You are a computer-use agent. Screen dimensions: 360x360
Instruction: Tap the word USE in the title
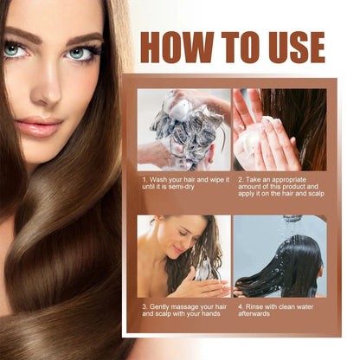click(292, 47)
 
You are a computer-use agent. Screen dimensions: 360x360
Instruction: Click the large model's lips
click(39, 126)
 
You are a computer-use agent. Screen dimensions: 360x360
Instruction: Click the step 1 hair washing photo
click(183, 129)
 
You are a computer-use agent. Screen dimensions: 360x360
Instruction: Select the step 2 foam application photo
click(280, 129)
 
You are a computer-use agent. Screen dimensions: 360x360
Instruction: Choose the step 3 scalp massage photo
click(183, 256)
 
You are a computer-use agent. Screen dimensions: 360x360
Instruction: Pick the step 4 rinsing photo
click(280, 256)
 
